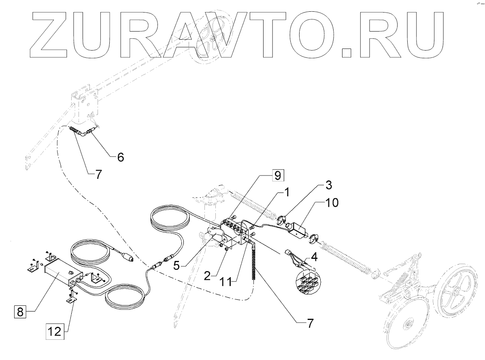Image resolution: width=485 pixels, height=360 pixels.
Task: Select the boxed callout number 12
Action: point(55,332)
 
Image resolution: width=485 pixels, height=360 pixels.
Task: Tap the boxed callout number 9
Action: point(278,176)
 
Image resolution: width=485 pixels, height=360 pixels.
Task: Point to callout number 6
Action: point(120,157)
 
